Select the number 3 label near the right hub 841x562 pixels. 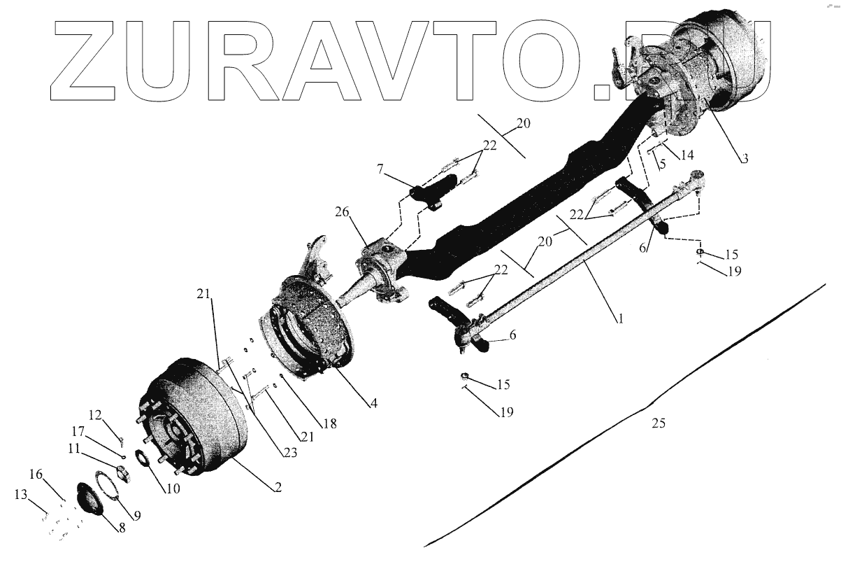pos(745,159)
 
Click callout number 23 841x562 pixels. pos(289,453)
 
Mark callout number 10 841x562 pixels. pos(172,489)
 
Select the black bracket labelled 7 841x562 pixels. pos(429,195)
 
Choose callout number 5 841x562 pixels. pos(661,164)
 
